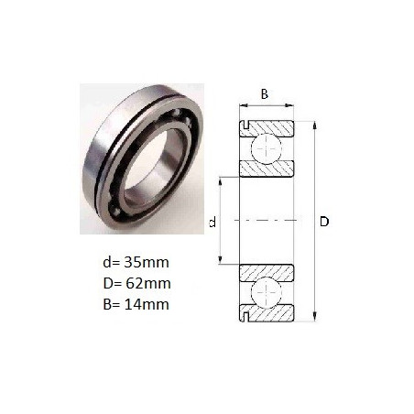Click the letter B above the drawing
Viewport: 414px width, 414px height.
265,94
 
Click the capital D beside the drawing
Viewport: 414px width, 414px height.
324,222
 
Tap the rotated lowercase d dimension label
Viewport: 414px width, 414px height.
212,222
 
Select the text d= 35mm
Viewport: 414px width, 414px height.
136,263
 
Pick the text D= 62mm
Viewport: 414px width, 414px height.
136,284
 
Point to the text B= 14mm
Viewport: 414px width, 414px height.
136,305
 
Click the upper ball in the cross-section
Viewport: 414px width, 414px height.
267,148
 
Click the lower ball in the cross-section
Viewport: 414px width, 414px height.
267,292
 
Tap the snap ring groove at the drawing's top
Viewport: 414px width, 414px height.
245,125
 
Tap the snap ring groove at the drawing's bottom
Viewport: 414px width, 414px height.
245,318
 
